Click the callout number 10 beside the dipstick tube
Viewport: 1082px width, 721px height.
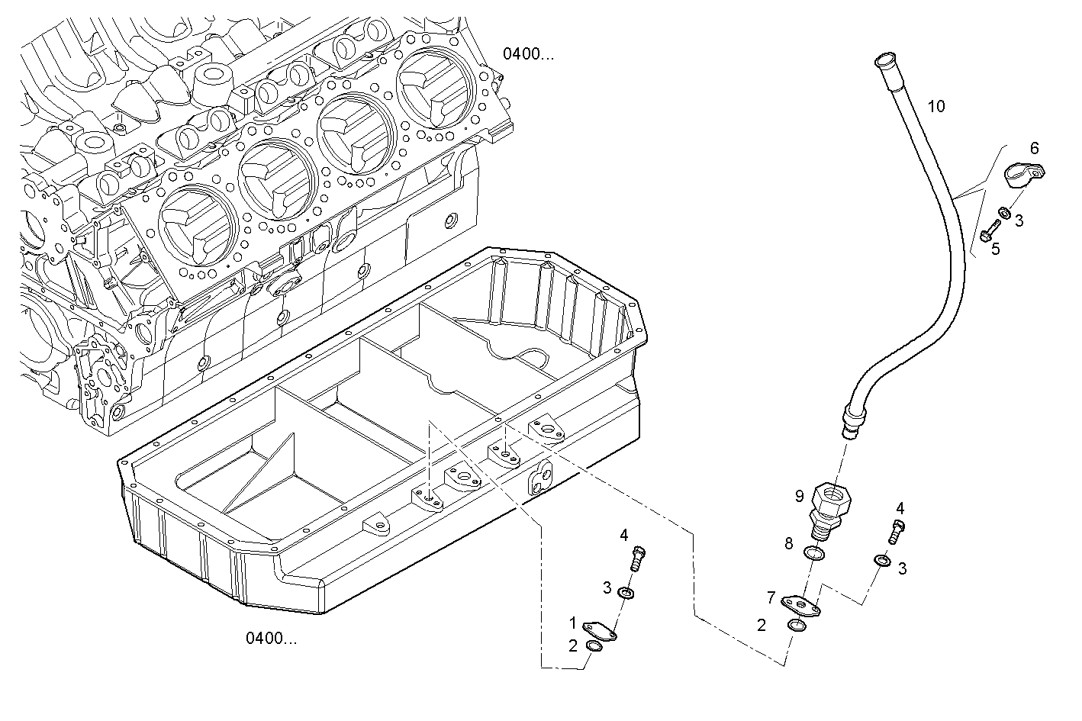[x=936, y=107]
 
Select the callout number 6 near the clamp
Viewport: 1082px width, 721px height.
[x=1035, y=148]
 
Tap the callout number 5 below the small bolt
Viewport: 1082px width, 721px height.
[x=995, y=249]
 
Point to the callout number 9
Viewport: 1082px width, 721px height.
[x=799, y=496]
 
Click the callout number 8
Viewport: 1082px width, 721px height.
[x=789, y=543]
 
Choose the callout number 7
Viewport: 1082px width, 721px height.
[x=771, y=597]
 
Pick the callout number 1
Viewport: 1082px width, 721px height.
[x=572, y=623]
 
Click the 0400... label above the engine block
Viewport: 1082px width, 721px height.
[x=528, y=53]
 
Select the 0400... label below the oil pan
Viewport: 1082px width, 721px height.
[x=271, y=639]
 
